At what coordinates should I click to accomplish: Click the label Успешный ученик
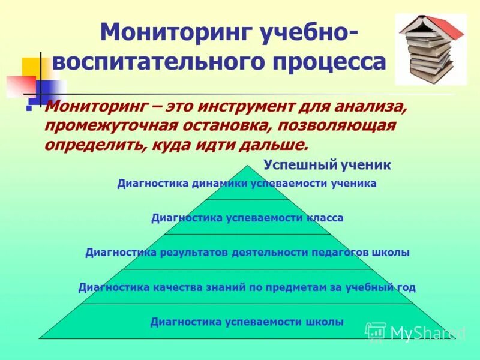327,165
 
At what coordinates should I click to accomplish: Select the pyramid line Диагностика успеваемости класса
247,218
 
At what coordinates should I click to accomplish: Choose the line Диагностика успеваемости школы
247,322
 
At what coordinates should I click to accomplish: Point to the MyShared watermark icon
376,332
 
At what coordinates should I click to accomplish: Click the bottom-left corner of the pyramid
40,338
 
